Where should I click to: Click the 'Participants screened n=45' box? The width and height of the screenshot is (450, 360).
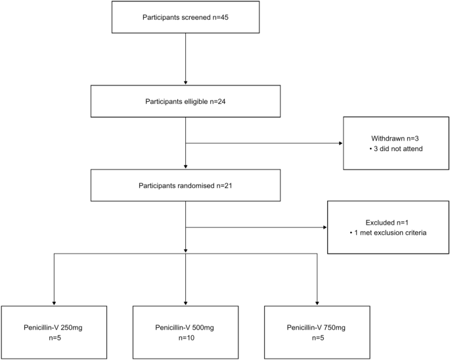click(186, 16)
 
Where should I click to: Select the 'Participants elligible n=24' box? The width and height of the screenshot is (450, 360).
click(186, 102)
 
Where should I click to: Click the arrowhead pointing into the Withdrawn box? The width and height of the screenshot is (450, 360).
click(340, 144)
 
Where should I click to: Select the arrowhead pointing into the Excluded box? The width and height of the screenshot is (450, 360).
click(325, 229)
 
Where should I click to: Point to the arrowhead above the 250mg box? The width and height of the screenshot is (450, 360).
click(53, 302)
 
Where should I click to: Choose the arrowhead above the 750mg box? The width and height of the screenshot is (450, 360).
click(317, 302)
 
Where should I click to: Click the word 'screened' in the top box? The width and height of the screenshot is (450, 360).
click(193, 16)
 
